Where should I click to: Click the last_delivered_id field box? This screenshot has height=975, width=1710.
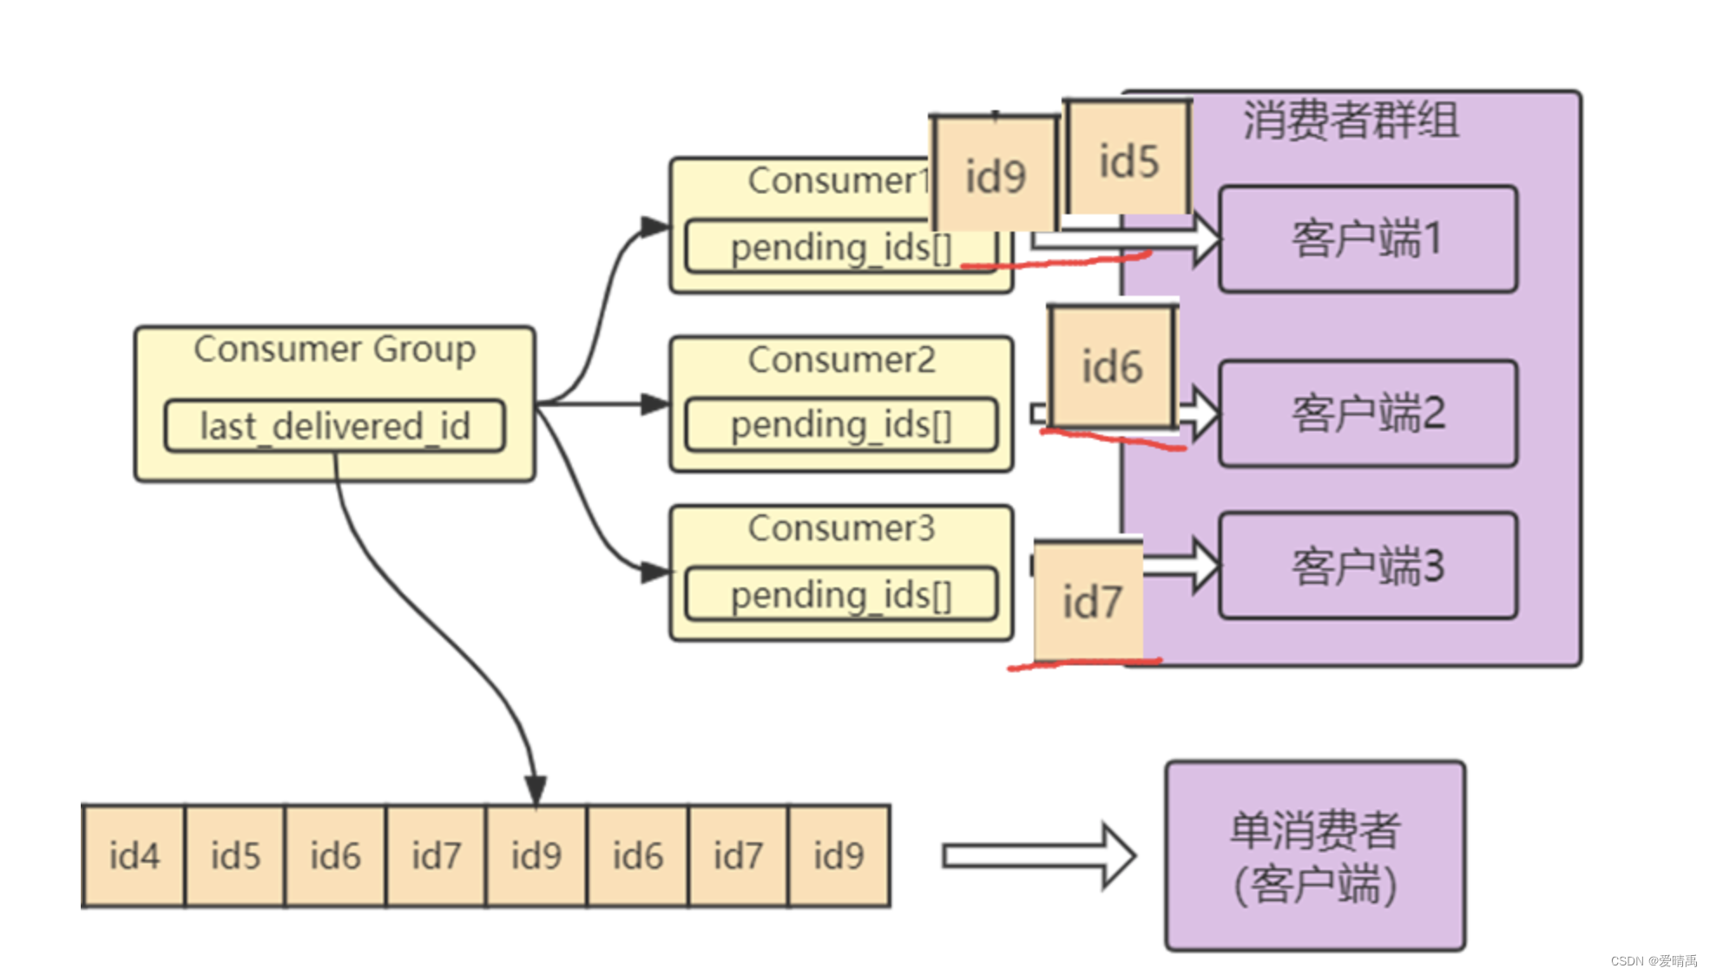click(x=334, y=426)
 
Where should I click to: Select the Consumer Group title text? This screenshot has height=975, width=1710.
click(x=334, y=350)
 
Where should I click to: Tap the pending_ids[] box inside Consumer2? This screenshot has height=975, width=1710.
click(x=840, y=425)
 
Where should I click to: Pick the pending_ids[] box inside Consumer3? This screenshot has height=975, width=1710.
click(x=840, y=595)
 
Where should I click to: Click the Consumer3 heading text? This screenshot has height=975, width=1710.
click(x=841, y=528)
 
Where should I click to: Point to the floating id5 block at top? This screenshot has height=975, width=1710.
click(x=1128, y=160)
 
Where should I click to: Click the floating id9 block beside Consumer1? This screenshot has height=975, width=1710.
click(x=995, y=176)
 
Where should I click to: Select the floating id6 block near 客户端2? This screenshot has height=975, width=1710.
click(x=1111, y=366)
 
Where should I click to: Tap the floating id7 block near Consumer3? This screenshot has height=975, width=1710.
click(x=1090, y=601)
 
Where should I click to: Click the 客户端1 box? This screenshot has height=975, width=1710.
click(x=1367, y=239)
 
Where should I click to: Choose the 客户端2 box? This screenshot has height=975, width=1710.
click(x=1367, y=413)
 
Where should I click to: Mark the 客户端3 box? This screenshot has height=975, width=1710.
click(x=1367, y=566)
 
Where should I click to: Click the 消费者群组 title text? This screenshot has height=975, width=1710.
click(x=1351, y=120)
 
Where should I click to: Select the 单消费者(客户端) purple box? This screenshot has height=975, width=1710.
click(x=1314, y=856)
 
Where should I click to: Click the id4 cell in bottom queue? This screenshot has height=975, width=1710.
click(x=134, y=856)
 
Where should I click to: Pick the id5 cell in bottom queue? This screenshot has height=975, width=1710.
click(x=234, y=856)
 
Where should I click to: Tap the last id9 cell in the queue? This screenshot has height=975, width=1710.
click(x=839, y=856)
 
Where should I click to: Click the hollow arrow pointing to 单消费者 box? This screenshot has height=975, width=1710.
click(x=1037, y=856)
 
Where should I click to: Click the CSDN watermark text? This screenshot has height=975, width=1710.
click(x=1653, y=960)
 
